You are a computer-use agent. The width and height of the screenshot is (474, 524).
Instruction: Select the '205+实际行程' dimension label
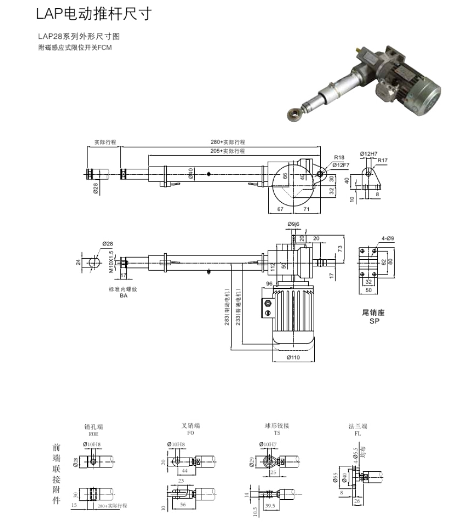click(x=228, y=151)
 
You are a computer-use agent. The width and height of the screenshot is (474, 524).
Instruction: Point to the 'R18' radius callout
click(x=339, y=158)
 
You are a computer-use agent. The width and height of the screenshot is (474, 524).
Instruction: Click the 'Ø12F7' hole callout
click(x=342, y=164)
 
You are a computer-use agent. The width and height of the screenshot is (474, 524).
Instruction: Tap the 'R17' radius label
click(x=382, y=160)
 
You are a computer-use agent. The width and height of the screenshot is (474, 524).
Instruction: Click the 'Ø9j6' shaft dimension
click(x=294, y=224)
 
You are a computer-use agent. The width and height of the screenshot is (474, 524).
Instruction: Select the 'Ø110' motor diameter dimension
click(x=293, y=357)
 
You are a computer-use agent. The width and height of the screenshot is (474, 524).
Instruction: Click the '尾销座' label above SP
click(x=374, y=312)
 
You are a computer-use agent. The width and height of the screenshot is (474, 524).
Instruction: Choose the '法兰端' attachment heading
click(x=358, y=426)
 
